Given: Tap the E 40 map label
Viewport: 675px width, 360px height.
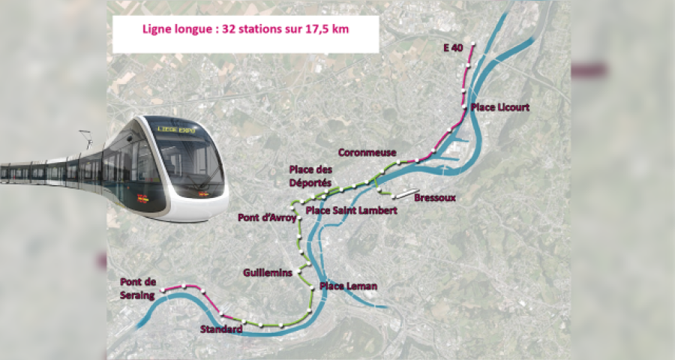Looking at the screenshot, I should [452, 48].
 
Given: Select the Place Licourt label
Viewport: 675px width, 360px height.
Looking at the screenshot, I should [500, 107].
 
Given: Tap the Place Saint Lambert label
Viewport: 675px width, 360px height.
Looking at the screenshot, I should [351, 211].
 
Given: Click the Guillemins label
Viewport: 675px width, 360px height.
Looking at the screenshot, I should [267, 273].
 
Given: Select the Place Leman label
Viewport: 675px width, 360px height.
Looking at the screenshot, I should [348, 286].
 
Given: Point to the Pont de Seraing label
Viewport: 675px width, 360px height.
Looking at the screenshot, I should [138, 289].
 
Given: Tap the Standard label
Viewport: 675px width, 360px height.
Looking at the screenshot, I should [221, 330].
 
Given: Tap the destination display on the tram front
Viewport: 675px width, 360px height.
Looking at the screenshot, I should [176, 130].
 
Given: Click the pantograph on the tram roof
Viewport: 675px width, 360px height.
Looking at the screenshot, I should [87, 139].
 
